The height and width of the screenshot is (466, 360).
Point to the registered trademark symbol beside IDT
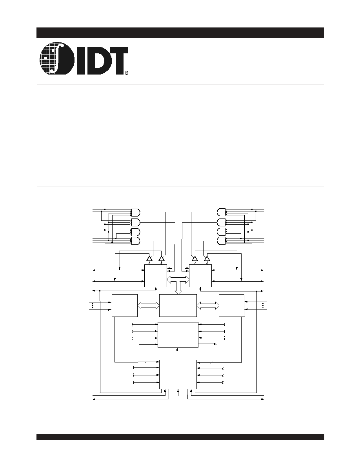pos(127,72)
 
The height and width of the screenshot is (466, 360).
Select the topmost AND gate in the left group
pos(135,212)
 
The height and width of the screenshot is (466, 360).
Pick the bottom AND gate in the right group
pos(222,241)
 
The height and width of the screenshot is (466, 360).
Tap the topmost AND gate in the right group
pos(222,212)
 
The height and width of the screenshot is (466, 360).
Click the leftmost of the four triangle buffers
pos(149,259)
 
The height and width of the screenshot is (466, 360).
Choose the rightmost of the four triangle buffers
pos(207,259)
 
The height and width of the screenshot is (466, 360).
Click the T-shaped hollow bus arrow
pos(178,282)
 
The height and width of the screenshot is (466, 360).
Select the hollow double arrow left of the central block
pos(149,306)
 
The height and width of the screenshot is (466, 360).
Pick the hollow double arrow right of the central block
pos(207,306)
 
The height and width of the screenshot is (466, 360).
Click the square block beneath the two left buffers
pos(156,276)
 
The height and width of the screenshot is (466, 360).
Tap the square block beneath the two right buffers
pos(200,276)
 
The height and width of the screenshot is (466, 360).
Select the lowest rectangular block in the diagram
pos(178,374)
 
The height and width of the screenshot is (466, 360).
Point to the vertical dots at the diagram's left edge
pos(93,306)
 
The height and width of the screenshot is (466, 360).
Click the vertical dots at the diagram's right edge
pos(263,306)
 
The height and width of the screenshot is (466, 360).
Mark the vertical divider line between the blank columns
pos(179,134)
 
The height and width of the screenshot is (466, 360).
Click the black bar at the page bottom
pos(180,437)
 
